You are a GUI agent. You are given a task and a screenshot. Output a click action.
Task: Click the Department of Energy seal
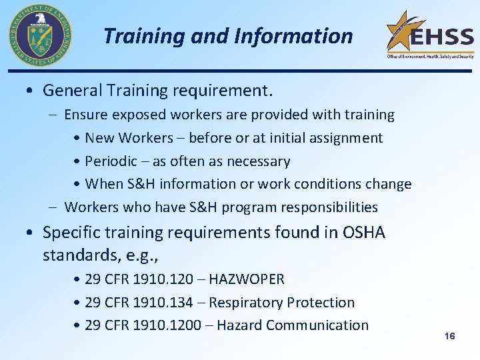click(40, 35)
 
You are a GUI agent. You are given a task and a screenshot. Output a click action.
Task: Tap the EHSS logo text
click(441, 37)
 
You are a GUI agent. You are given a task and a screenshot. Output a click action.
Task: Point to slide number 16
click(449, 336)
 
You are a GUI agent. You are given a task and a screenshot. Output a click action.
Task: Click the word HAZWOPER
click(247, 279)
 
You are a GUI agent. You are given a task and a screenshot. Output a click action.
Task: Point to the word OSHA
click(363, 233)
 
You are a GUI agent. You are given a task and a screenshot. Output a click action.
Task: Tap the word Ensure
click(86, 115)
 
